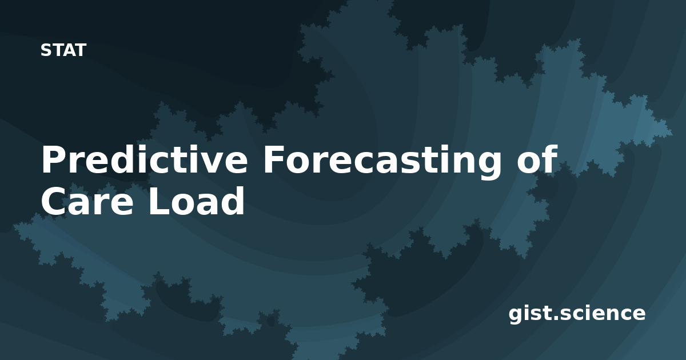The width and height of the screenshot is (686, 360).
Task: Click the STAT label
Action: coord(63,50)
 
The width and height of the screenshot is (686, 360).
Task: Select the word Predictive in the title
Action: coord(144,159)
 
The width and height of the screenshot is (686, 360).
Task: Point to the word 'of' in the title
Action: coord(537,159)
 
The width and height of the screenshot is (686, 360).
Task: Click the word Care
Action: coord(87,201)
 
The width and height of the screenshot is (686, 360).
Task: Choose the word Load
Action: coord(197,201)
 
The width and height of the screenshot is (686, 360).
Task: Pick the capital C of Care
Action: coord(54,201)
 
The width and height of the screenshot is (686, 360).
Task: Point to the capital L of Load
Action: coord(160,201)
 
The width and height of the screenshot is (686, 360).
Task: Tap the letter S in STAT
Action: coord(46,50)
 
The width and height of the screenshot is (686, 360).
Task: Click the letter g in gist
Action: coord(516,316)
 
